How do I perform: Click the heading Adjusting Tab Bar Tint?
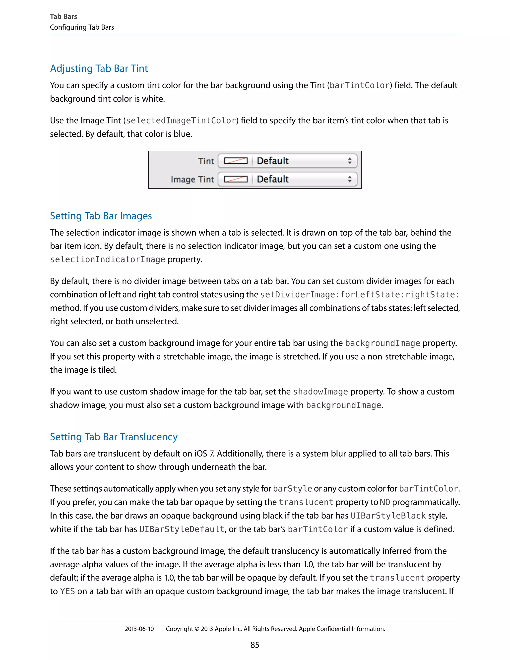(99, 68)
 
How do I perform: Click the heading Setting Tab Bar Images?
(101, 216)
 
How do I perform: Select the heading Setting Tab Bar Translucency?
(114, 437)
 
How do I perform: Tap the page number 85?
(255, 645)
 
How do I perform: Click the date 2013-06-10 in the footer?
(139, 629)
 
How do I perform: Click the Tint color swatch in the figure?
(236, 161)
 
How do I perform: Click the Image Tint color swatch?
(236, 179)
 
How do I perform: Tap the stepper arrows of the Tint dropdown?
(350, 161)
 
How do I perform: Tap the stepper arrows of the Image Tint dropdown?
(350, 179)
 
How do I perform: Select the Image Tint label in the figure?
(192, 180)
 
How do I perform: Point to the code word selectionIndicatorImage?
(108, 260)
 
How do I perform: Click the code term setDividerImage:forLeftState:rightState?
(360, 295)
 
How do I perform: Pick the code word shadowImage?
(320, 392)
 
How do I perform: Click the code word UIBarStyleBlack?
(388, 516)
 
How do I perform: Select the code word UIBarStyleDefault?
(182, 529)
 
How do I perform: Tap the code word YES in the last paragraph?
(67, 591)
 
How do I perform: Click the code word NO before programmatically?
(384, 502)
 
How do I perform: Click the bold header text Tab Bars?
(64, 17)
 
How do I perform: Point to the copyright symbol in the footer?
(197, 629)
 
